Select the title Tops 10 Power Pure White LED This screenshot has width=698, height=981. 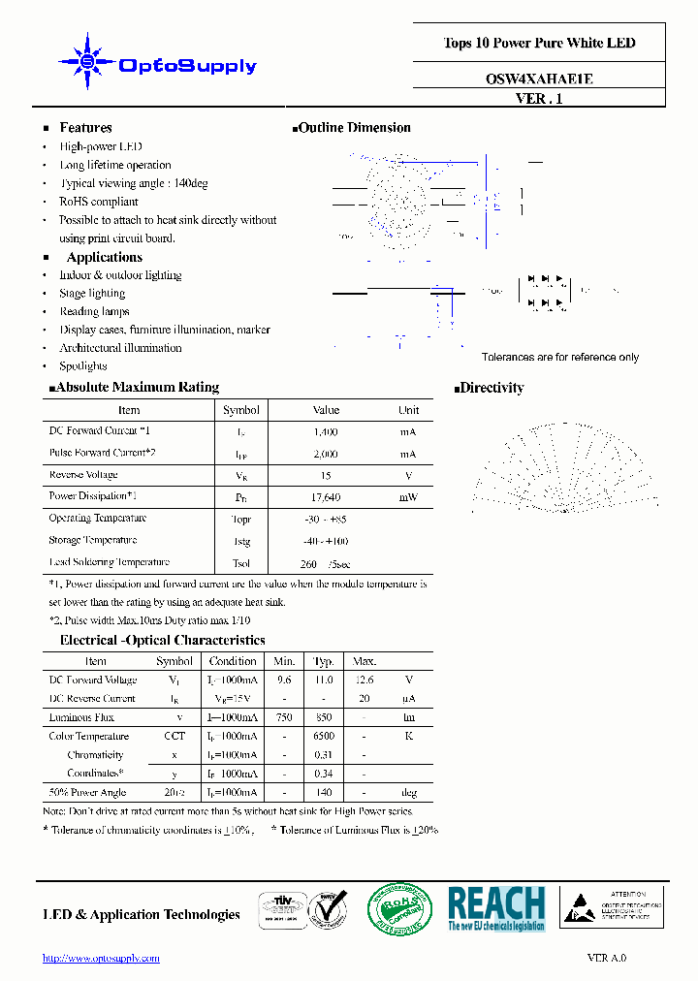(x=539, y=43)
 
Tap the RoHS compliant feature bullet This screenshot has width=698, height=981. (x=100, y=202)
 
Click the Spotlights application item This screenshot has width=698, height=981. (x=83, y=366)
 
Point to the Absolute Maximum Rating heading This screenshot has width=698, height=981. (x=137, y=388)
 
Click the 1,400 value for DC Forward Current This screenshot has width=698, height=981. (x=326, y=431)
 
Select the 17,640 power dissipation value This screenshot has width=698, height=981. (x=326, y=497)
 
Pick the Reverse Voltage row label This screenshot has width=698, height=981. (x=83, y=475)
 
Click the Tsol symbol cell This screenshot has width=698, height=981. (x=241, y=563)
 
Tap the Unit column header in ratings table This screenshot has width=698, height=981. (x=408, y=410)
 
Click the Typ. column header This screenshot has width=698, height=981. (x=324, y=661)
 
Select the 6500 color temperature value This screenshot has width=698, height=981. (x=324, y=736)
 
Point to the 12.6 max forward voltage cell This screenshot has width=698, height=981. (x=363, y=680)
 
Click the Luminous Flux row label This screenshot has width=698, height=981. (x=81, y=717)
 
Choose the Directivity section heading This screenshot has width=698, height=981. (x=491, y=388)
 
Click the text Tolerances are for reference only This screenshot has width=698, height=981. (x=560, y=358)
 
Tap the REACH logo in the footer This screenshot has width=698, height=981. (x=496, y=909)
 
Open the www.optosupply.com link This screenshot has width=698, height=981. (x=101, y=958)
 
